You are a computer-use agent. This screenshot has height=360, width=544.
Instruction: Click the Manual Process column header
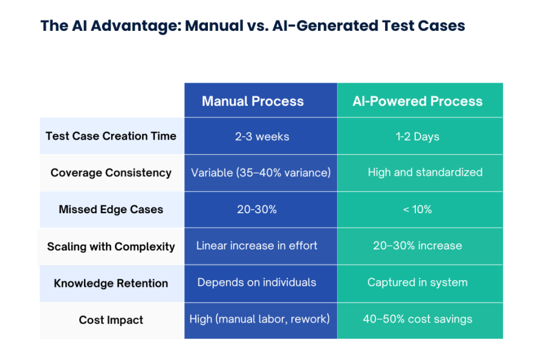point(253,101)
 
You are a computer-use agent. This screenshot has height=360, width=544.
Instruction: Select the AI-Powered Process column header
point(418,101)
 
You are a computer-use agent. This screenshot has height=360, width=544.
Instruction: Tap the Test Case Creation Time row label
point(111,136)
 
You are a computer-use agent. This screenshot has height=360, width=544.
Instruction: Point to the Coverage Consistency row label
point(111,173)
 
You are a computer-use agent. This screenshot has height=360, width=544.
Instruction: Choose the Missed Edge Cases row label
point(111,210)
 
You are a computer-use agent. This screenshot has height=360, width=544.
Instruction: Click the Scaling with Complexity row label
point(111,246)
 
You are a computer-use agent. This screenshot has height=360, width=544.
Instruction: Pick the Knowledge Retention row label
point(111,283)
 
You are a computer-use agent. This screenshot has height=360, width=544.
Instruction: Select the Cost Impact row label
point(111,320)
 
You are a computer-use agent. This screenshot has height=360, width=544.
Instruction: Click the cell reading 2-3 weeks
point(262,137)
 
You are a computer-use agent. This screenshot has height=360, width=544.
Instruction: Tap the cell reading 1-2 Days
point(418,137)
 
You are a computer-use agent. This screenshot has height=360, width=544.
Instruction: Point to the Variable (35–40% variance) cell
point(261,173)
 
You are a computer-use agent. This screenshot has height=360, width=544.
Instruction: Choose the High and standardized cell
point(425,173)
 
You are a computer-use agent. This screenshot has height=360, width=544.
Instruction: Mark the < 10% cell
point(418,210)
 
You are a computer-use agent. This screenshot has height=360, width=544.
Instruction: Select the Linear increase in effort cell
point(257,246)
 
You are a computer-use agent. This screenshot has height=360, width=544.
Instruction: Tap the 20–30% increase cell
point(418,246)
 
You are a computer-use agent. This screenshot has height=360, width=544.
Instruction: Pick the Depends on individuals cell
point(257,282)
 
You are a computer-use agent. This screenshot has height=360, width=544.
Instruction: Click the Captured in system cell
point(418,282)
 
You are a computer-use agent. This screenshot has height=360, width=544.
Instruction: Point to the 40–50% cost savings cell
point(418,319)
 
